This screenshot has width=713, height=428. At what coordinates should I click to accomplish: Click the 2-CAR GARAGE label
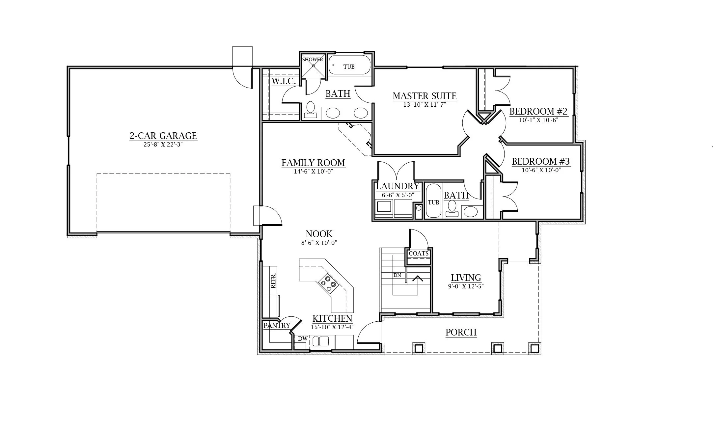(x=163, y=136)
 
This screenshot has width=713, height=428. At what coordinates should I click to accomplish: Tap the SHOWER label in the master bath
(x=313, y=60)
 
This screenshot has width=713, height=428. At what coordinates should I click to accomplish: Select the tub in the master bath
(x=350, y=65)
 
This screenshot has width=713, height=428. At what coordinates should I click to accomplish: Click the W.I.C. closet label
(x=284, y=81)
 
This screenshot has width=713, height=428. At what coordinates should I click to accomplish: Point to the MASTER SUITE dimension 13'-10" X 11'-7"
(x=425, y=105)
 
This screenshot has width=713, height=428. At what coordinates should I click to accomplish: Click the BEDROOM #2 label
(x=538, y=111)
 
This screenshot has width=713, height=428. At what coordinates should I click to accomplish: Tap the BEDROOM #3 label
(x=541, y=161)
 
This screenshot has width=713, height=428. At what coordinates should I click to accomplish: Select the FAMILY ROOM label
(x=313, y=163)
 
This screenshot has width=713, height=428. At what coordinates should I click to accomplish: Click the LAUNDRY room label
(x=398, y=186)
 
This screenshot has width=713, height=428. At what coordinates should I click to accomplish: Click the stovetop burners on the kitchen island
(x=328, y=283)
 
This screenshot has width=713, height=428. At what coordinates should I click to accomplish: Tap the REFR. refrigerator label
(x=273, y=280)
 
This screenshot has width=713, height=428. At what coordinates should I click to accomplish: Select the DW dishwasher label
(x=303, y=338)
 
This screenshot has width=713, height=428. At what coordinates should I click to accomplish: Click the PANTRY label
(x=277, y=326)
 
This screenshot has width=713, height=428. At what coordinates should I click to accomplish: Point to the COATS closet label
(x=419, y=253)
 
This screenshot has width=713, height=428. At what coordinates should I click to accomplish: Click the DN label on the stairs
(x=397, y=275)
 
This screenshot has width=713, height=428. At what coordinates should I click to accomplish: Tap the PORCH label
(x=461, y=332)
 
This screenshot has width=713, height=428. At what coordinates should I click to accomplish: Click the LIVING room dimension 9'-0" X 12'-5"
(x=466, y=286)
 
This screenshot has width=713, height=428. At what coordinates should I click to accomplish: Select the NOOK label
(x=319, y=234)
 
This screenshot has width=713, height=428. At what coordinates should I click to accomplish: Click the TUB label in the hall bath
(x=433, y=202)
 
